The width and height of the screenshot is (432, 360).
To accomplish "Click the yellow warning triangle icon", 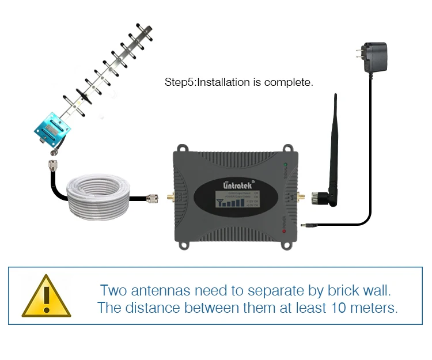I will (46, 296).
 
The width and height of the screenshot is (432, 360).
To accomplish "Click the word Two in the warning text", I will (115, 289).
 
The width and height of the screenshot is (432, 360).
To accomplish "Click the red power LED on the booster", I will (285, 231).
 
